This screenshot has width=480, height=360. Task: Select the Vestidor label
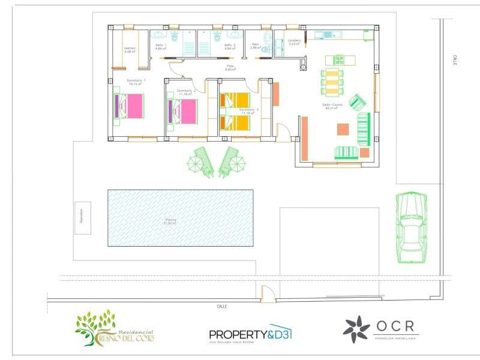click(x=130, y=49)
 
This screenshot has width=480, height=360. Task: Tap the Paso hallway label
click(x=230, y=67)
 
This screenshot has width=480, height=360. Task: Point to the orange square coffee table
click(x=343, y=129)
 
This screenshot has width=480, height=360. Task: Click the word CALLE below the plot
click(x=222, y=306)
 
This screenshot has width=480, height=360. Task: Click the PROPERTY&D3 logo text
click(x=250, y=334)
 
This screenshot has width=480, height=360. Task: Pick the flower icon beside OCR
click(x=356, y=329)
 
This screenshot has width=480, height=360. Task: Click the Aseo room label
click(x=255, y=45)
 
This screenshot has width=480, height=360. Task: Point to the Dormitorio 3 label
click(x=248, y=110)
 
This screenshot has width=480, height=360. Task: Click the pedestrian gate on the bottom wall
click(x=268, y=295)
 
